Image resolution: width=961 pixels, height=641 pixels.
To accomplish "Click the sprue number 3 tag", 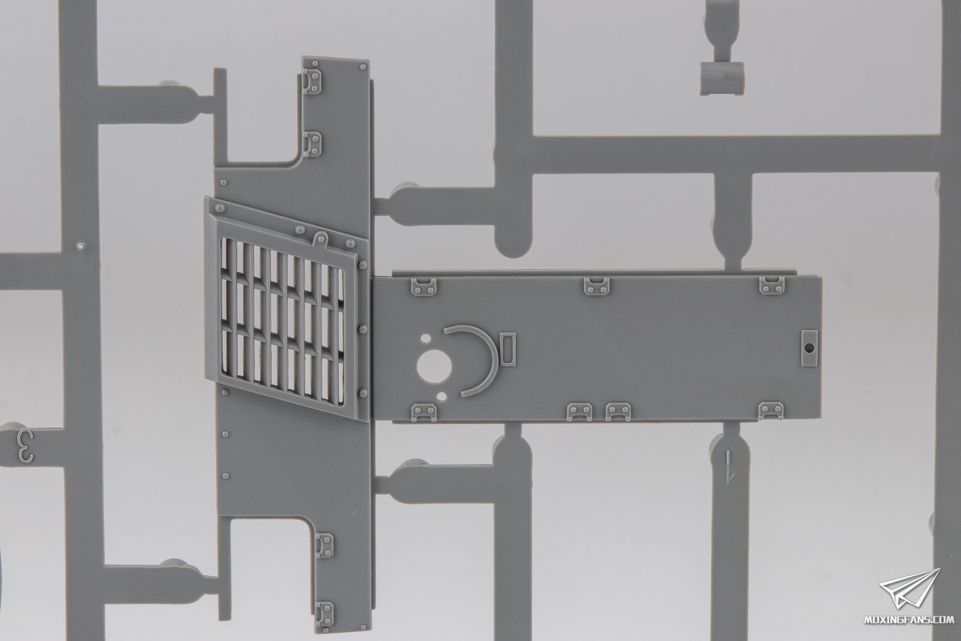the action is coord(25,447).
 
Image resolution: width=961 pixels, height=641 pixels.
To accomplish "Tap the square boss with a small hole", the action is coord(809,348).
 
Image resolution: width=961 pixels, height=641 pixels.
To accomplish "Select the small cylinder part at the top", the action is coord(723,79).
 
